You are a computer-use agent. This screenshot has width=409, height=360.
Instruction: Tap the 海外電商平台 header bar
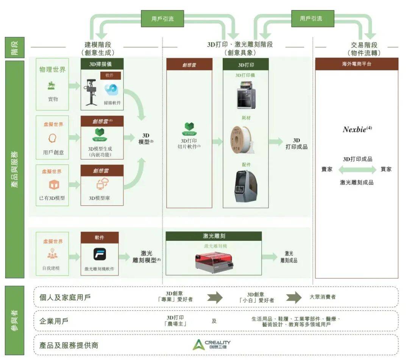pyautogui.click(x=356, y=64)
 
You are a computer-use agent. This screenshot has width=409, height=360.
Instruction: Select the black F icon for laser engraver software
pyautogui.click(x=100, y=254)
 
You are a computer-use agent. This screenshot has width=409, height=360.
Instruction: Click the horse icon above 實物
pyautogui.click(x=52, y=86)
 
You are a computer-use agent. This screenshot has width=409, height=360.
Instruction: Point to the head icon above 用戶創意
pyautogui.click(x=53, y=139)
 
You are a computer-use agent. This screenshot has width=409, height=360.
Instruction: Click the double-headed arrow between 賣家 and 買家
pyautogui.click(x=357, y=170)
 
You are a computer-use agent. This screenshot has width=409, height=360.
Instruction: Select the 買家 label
pyautogui.click(x=386, y=169)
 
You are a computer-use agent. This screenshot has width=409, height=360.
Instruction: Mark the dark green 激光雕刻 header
pyautogui.click(x=214, y=236)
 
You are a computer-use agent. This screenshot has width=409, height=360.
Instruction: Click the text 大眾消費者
pyautogui.click(x=322, y=297)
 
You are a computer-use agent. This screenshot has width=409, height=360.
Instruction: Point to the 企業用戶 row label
pyautogui.click(x=54, y=321)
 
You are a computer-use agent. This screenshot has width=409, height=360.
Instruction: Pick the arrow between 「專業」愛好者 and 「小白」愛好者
pyautogui.click(x=214, y=297)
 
